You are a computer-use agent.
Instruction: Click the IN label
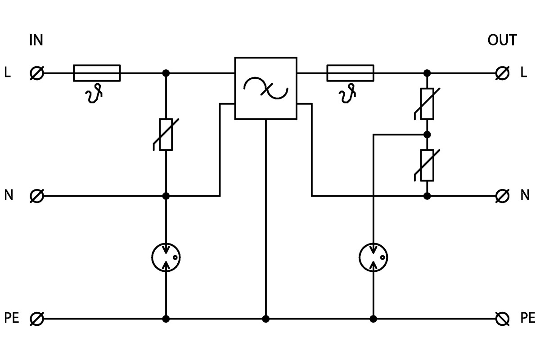coord(36,40)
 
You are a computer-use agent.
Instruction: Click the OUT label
coord(502,40)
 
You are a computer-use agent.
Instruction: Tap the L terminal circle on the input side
coord(37,73)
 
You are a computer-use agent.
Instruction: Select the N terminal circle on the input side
coord(37,196)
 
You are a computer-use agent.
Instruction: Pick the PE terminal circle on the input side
coord(37,319)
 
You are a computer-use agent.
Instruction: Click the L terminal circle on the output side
coord(502,73)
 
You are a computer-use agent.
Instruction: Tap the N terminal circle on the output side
coord(502,196)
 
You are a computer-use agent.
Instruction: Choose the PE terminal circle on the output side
coord(502,319)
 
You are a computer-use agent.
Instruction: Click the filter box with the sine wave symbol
coord(265,88)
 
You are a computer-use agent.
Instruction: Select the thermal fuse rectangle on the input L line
coord(97,73)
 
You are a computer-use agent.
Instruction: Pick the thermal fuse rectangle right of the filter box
coord(350,73)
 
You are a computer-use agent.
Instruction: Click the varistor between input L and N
coord(166,134)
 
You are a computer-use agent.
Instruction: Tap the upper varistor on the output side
coord(427,104)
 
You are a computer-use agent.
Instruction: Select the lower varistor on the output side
coord(427,165)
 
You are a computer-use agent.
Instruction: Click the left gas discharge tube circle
coord(166,257)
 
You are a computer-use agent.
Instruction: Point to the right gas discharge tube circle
coord(373,257)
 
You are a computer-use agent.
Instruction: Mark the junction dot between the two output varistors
coord(427,135)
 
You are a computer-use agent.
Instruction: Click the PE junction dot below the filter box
coord(266,319)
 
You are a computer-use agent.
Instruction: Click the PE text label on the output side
coord(527,319)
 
